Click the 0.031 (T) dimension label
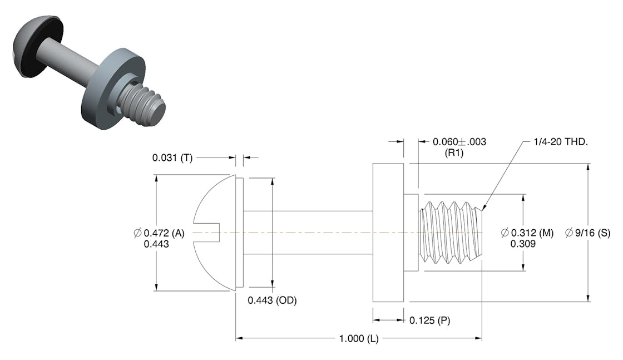[172, 158]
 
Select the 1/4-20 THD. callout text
[558, 142]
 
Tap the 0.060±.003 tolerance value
[459, 142]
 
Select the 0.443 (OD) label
[272, 300]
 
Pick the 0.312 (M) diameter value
[527, 233]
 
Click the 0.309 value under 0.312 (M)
[523, 244]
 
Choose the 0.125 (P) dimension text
[427, 320]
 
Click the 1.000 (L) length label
[359, 339]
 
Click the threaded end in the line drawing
[451, 232]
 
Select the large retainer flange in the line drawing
[388, 233]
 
